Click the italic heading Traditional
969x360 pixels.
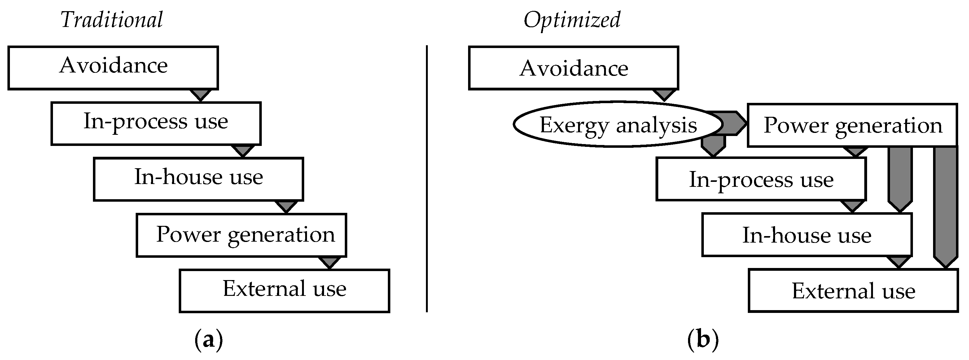[x=112, y=20]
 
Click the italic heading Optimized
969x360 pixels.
[x=572, y=20]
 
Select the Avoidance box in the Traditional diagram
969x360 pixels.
[x=113, y=68]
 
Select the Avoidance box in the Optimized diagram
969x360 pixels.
[x=573, y=68]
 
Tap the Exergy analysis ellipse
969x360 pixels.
[x=618, y=124]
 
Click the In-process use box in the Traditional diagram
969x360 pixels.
[x=156, y=123]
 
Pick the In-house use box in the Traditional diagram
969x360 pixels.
[x=198, y=179]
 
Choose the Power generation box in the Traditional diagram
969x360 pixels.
[x=241, y=235]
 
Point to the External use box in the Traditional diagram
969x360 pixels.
[x=284, y=290]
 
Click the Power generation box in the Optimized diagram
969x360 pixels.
[x=852, y=125]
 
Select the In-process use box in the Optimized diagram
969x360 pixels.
[x=761, y=179]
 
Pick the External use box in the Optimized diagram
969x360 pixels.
[x=853, y=290]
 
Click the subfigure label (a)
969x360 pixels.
[x=209, y=340]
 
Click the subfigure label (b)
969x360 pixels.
[x=703, y=340]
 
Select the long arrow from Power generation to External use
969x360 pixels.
[x=946, y=207]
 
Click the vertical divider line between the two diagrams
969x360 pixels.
[x=427, y=179]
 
